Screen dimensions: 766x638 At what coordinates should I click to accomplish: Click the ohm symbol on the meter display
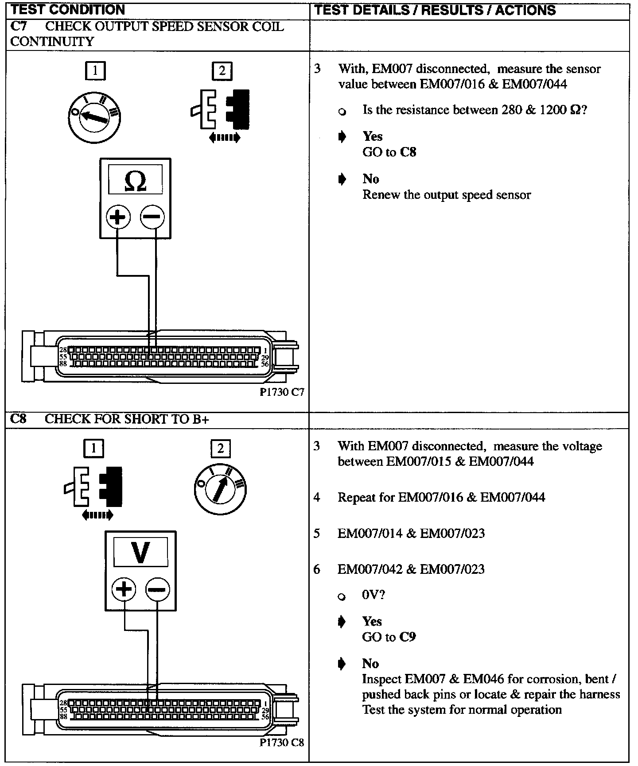[x=136, y=181]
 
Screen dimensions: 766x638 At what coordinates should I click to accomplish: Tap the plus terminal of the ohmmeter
[x=118, y=217]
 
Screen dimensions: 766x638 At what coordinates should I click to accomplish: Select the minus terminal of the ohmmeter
[x=152, y=217]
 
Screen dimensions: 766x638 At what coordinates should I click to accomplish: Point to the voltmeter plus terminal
[x=124, y=590]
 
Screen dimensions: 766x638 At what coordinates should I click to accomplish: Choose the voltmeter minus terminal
[x=158, y=590]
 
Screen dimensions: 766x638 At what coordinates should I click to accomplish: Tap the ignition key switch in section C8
[x=220, y=489]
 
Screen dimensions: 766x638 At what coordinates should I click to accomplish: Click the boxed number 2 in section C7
[x=222, y=71]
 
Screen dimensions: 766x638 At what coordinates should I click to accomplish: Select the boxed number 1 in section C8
[x=93, y=449]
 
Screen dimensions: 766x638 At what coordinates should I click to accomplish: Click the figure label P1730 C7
[x=282, y=392]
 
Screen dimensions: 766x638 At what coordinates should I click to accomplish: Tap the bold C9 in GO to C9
[x=407, y=637]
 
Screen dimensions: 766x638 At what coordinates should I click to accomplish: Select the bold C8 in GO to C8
[x=408, y=152]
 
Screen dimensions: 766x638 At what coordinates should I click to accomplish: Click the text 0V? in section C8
[x=373, y=595]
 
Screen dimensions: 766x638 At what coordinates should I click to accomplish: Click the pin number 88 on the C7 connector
[x=63, y=364]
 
